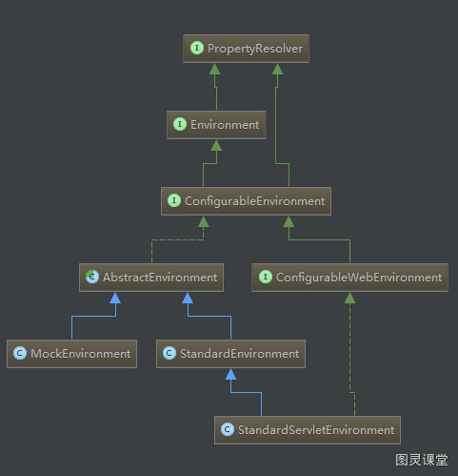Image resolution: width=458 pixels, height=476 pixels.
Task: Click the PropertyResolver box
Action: [x=246, y=49]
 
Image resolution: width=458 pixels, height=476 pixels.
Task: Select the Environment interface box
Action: [x=216, y=125]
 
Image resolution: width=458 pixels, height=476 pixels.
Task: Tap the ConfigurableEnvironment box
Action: [x=246, y=201]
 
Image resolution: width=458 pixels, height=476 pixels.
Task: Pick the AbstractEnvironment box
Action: [x=151, y=278]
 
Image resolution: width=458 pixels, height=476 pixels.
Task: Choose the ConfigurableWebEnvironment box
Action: [x=349, y=278]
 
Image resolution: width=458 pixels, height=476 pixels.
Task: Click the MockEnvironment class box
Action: [x=72, y=354]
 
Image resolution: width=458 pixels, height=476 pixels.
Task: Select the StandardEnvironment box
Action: [x=230, y=354]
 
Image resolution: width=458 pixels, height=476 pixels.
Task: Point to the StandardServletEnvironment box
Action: [x=308, y=430]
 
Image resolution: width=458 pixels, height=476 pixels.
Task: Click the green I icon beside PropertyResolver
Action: [x=197, y=48]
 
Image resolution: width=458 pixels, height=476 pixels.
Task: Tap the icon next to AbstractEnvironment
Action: [x=92, y=277]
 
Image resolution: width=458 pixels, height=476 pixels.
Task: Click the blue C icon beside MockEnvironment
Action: [x=20, y=353]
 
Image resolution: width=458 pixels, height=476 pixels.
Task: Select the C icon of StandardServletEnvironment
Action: [x=228, y=429]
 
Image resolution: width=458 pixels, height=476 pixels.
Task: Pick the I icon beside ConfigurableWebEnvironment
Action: [x=266, y=277]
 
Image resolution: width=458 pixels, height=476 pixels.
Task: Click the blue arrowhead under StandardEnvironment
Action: [x=230, y=374]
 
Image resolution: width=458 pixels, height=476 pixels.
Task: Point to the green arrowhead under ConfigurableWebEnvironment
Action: [x=349, y=298]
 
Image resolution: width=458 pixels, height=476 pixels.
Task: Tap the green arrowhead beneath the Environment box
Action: [x=216, y=145]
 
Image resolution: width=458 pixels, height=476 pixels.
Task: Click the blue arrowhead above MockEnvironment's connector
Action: [x=115, y=298]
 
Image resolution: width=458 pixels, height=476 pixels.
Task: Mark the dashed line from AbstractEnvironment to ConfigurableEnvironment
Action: [x=178, y=239]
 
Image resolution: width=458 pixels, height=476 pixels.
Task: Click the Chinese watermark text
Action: [x=422, y=460]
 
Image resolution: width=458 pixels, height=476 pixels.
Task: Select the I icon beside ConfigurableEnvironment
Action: [x=174, y=200]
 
